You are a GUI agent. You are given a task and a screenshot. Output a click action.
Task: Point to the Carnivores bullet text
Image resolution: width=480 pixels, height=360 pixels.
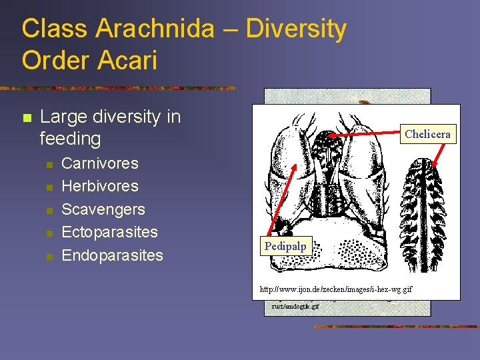tap(100, 163)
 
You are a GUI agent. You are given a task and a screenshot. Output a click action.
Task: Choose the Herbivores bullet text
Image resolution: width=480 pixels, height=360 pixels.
tap(100, 186)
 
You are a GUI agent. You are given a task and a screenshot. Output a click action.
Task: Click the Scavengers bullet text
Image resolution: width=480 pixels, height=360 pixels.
tap(103, 209)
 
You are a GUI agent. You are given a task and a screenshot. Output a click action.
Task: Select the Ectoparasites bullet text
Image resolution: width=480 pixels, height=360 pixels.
tap(109, 232)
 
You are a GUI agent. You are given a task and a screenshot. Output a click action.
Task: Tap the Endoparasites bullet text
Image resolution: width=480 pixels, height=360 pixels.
tap(112, 255)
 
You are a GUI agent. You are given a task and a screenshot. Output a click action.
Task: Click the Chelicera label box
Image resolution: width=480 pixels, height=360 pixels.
tap(427, 134)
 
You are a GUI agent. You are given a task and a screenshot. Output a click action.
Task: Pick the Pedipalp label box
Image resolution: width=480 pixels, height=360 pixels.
tap(285, 246)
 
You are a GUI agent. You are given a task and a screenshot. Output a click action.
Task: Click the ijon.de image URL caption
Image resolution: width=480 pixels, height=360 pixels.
tap(335, 289)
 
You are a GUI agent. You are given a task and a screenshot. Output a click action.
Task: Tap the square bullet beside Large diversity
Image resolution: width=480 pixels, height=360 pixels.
tap(27, 118)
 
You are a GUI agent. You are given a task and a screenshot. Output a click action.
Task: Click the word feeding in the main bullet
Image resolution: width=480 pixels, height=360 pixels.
tap(70, 139)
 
